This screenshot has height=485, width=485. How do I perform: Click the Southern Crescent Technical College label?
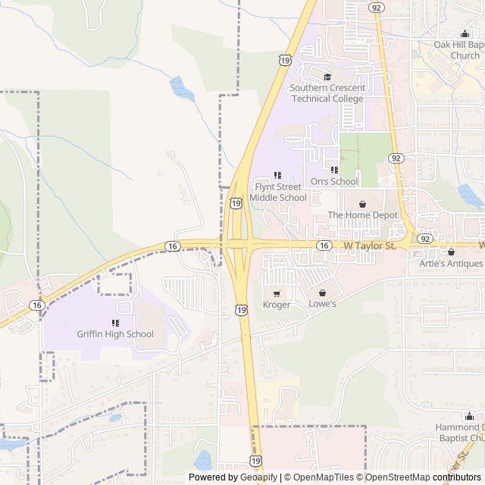click(x=327, y=93)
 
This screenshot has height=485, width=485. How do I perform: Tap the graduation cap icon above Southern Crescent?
click(x=327, y=77)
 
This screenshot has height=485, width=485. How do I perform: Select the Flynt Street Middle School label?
click(x=278, y=192)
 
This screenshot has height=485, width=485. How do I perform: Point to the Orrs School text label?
click(x=334, y=182)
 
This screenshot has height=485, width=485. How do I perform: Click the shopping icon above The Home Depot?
click(x=362, y=204)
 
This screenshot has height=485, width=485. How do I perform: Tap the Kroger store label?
click(x=277, y=305)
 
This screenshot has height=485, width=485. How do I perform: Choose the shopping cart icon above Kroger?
click(x=277, y=293)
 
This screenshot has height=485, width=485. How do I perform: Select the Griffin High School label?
click(x=115, y=334)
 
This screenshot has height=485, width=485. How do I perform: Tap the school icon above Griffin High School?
click(x=115, y=323)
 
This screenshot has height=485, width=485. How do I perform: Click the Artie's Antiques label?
click(x=451, y=264)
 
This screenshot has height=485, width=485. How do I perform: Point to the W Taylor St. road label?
click(x=370, y=246)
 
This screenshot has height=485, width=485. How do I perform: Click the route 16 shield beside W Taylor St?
click(x=324, y=246)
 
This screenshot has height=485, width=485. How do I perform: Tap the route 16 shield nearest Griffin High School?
click(x=37, y=305)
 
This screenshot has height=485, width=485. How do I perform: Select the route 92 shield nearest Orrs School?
click(x=396, y=158)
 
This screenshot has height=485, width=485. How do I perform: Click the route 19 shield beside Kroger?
click(x=241, y=309)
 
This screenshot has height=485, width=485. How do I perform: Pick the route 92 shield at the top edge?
click(x=376, y=7)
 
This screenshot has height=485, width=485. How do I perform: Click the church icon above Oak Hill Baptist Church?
click(x=465, y=33)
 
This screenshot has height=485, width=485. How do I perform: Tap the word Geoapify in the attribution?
click(x=259, y=477)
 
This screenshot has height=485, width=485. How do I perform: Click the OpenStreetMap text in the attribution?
click(x=398, y=477)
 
